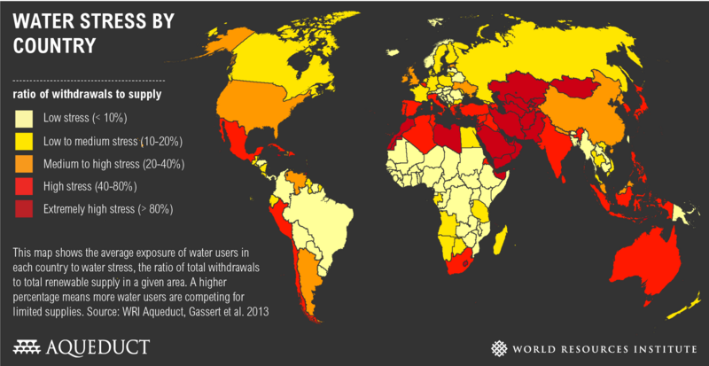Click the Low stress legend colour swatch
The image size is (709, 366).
click(x=21, y=118)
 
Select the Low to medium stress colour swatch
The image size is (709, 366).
click(x=21, y=141)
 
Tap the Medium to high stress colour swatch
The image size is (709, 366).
click(x=21, y=164)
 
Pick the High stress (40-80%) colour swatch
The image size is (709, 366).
click(x=21, y=187)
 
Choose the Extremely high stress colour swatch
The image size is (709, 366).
click(x=21, y=210)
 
